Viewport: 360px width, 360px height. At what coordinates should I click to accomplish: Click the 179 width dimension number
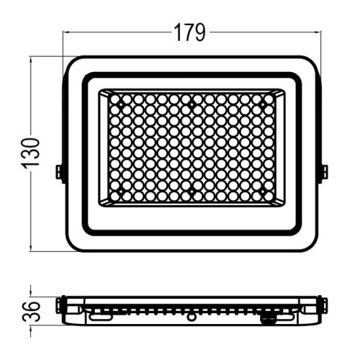[x=190, y=32]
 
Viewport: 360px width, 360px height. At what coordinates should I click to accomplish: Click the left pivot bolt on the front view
[x=60, y=172]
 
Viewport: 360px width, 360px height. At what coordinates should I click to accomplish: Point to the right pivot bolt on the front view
[x=323, y=172]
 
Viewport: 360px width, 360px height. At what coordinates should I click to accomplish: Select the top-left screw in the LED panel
[x=121, y=106]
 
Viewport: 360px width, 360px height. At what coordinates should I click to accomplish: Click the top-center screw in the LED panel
[x=192, y=106]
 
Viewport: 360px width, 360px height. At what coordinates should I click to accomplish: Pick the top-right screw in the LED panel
[x=262, y=106]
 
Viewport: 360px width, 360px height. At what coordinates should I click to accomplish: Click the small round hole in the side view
[x=192, y=316]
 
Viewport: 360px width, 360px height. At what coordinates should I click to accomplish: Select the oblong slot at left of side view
[x=101, y=315]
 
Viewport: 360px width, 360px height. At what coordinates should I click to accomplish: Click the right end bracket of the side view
[x=321, y=306]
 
